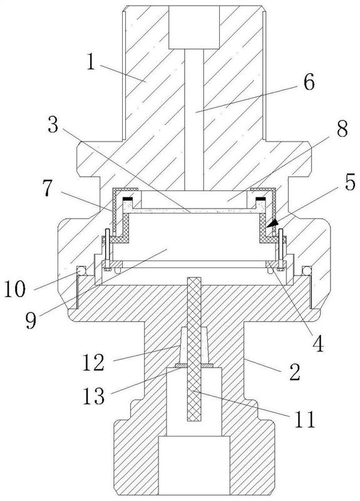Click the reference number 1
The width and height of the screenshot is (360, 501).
click(91, 62)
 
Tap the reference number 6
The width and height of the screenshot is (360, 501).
click(309, 82)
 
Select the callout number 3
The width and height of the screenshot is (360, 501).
click(53, 124)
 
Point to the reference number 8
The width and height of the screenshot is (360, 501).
click(342, 129)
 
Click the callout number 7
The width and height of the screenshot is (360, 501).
click(48, 189)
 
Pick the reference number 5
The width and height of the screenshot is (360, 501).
click(349, 182)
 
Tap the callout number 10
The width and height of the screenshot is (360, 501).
click(14, 289)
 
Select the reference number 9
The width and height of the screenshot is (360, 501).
click(31, 321)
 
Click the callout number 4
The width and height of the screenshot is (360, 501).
click(318, 343)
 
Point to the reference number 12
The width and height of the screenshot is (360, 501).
click(93, 363)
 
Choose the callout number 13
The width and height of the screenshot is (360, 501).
click(94, 396)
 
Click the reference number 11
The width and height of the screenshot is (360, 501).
click(304, 419)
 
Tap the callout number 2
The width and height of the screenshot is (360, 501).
click(295, 371)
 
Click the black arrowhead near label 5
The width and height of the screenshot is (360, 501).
click(272, 224)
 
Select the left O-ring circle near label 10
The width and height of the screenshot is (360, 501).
click(81, 271)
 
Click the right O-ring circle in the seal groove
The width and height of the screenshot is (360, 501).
click(307, 271)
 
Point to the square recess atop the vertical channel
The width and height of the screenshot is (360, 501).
click(194, 28)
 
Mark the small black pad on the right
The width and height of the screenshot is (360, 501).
click(260, 199)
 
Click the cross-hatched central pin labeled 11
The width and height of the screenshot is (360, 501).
click(194, 349)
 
